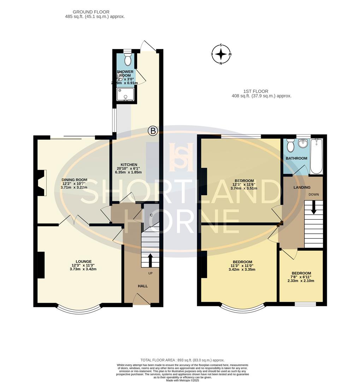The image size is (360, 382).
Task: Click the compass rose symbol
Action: [x=221, y=54]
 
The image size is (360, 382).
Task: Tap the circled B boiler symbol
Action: [x=153, y=131]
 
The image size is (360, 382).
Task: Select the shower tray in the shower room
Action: [x=125, y=95]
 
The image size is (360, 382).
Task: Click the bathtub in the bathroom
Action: [x=316, y=156]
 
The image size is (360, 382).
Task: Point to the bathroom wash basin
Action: [x=302, y=144]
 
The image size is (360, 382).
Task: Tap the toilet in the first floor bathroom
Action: [x=291, y=145]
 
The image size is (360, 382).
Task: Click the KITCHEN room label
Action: [x=129, y=165]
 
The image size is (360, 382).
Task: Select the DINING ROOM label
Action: [x=75, y=180]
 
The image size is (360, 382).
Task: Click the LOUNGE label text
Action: [x=83, y=261]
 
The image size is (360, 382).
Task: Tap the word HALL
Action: [x=143, y=286]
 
